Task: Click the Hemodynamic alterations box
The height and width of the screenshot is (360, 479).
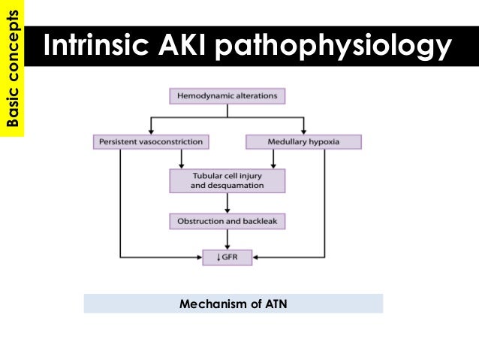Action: [227, 96]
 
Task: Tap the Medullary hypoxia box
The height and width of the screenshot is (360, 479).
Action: [303, 141]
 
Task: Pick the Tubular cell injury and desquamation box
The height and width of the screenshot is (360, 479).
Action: [227, 180]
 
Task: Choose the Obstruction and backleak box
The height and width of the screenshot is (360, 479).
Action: [227, 222]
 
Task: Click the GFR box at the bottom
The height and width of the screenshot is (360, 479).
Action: [227, 258]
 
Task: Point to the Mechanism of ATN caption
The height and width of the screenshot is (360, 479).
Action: [233, 304]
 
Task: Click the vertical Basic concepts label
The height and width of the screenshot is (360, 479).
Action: [11, 68]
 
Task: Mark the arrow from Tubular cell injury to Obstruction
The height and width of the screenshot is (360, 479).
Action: [227, 202]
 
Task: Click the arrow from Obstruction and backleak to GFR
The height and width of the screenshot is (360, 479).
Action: [227, 240]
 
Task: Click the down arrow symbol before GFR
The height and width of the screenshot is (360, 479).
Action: [215, 258]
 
